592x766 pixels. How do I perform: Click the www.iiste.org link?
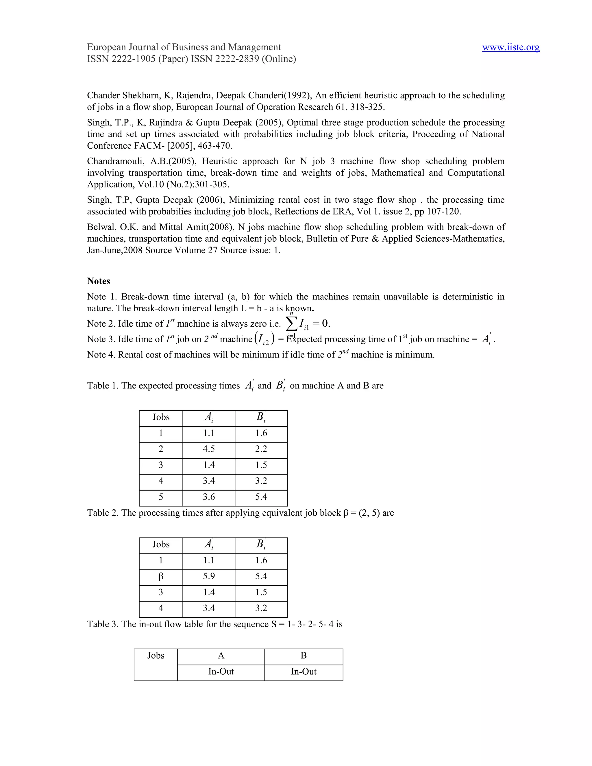pyautogui.click(x=511, y=47)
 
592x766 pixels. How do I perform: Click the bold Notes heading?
pyautogui.click(x=99, y=281)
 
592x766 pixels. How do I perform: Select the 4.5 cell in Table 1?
pyautogui.click(x=209, y=449)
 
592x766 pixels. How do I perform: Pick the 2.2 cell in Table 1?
pyautogui.click(x=261, y=449)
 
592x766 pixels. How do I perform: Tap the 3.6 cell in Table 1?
pyautogui.click(x=209, y=497)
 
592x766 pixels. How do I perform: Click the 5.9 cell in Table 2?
pyautogui.click(x=209, y=576)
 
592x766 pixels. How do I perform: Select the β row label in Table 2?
pyautogui.click(x=161, y=576)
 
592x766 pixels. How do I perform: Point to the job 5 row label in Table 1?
pyautogui.click(x=161, y=497)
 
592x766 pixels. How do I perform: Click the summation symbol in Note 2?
pyautogui.click(x=291, y=323)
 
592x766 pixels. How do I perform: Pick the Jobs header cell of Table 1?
pyautogui.click(x=161, y=417)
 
